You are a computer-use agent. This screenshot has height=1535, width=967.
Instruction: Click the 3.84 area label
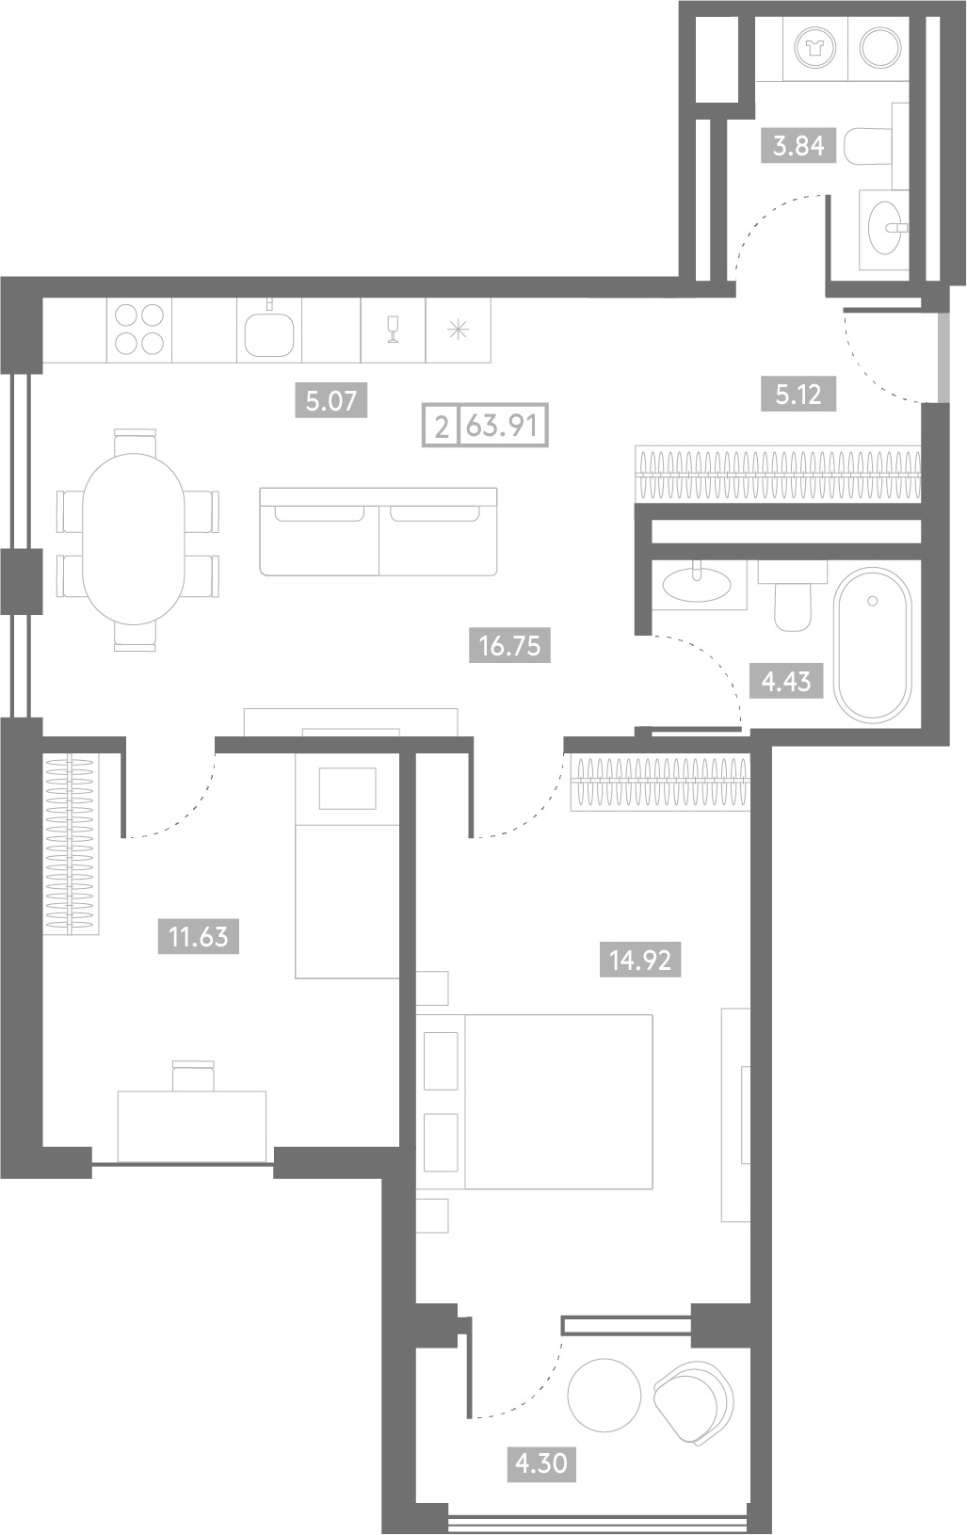pyautogui.click(x=798, y=146)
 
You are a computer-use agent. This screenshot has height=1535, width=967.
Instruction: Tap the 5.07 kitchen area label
pyautogui.click(x=331, y=400)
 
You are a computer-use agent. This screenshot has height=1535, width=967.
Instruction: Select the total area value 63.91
pyautogui.click(x=502, y=426)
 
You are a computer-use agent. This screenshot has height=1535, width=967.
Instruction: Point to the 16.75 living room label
pyautogui.click(x=510, y=645)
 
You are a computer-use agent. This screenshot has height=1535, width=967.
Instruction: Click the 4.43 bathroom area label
pyautogui.click(x=786, y=681)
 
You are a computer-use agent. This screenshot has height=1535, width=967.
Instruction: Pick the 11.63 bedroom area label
pyautogui.click(x=199, y=937)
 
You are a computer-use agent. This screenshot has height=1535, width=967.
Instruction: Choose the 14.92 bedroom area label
pyautogui.click(x=640, y=960)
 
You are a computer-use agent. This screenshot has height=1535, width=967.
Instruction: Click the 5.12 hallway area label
pyautogui.click(x=798, y=395)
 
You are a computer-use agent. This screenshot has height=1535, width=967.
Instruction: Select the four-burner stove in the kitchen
pyautogui.click(x=139, y=330)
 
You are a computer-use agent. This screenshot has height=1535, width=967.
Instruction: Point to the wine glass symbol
pyautogui.click(x=393, y=330)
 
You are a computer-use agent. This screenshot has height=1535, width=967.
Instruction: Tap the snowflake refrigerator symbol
pyautogui.click(x=458, y=331)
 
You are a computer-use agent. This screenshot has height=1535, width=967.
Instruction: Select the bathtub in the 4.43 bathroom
pyautogui.click(x=873, y=645)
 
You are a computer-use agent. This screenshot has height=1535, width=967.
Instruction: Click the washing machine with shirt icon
pyautogui.click(x=816, y=49)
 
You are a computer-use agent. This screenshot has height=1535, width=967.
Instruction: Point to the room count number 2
pyautogui.click(x=442, y=427)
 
